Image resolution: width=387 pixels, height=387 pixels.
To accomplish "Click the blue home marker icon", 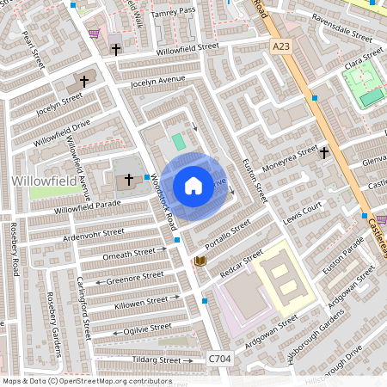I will [x=193, y=186].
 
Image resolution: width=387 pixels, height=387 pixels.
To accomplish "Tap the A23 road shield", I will [x=279, y=46].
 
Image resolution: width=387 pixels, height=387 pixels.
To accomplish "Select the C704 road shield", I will [x=220, y=356].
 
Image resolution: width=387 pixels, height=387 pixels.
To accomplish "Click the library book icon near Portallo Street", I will [x=200, y=261].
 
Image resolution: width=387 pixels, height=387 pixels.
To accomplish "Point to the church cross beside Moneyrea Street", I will [x=324, y=153].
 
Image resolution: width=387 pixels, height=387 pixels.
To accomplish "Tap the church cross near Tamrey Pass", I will [x=116, y=50].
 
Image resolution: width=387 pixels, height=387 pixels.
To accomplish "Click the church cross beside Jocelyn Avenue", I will [x=84, y=82].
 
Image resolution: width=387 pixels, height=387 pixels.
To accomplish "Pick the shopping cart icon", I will [x=94, y=34].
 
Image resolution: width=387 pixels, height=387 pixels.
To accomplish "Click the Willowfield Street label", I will [x=194, y=50].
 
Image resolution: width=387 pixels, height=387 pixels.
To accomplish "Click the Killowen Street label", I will [x=140, y=301].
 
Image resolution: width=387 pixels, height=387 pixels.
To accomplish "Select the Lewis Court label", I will [x=302, y=212].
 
